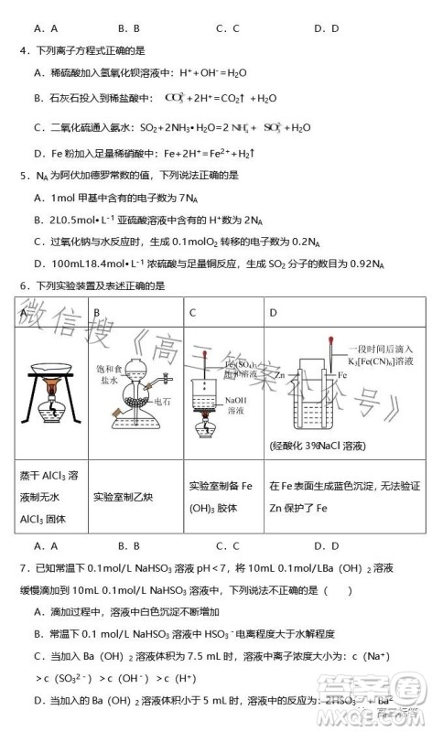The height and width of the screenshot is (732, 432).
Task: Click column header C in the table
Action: [x=193, y=313]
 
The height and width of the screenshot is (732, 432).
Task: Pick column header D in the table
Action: [x=273, y=313]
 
